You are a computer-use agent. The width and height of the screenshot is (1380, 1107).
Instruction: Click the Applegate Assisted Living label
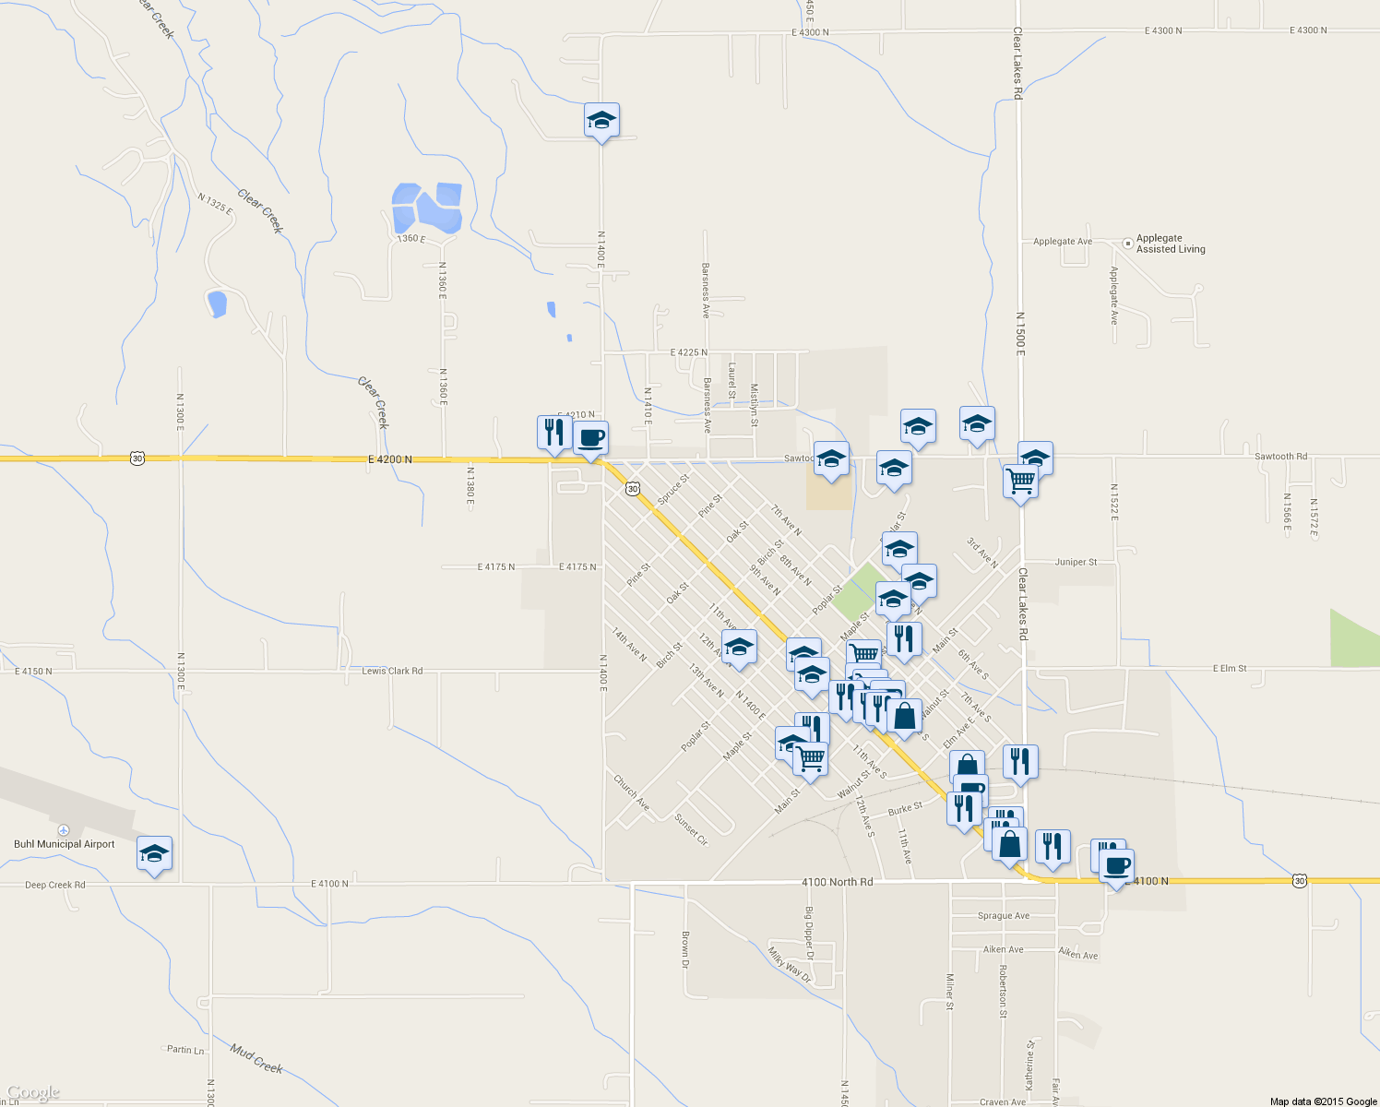point(1170,244)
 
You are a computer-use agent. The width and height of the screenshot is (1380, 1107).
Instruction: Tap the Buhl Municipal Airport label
point(65,844)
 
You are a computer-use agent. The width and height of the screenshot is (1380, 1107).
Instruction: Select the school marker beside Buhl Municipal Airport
point(154,855)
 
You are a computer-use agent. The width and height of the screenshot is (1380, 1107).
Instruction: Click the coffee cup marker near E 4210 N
point(590,438)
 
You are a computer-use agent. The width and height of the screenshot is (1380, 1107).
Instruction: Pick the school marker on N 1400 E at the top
point(601,121)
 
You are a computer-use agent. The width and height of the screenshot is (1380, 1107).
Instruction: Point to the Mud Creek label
point(256,1059)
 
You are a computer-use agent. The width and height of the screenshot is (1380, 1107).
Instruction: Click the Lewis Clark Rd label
point(392,671)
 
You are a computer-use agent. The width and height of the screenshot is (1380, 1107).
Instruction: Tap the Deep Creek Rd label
point(55,885)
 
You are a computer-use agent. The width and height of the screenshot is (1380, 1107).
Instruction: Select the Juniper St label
point(1077,562)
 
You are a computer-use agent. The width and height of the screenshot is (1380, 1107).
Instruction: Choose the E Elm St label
point(1230,668)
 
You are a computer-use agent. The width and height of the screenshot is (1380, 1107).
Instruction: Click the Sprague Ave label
point(1004,916)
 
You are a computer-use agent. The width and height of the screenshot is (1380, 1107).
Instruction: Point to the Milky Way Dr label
point(791,965)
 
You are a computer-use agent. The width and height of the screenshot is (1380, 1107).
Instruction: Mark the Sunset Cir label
point(691,830)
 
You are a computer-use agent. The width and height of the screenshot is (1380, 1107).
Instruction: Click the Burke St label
point(905,808)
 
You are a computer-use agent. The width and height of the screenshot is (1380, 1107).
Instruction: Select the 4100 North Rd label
point(837,882)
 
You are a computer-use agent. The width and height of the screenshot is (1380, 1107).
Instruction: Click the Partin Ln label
point(185,1050)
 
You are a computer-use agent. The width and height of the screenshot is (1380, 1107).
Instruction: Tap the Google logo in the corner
point(33,1093)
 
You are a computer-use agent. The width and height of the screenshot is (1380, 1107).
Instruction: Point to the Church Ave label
point(632,792)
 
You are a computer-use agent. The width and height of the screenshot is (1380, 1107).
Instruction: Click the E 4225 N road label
point(689,352)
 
